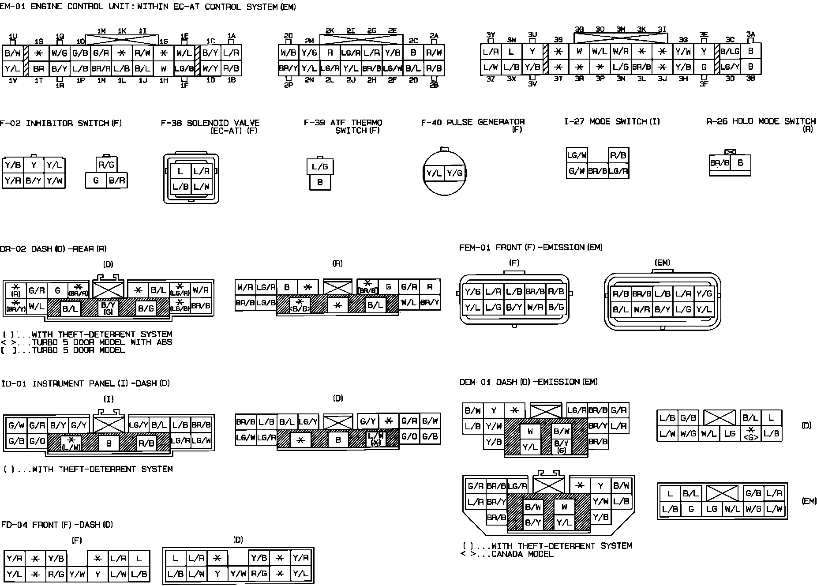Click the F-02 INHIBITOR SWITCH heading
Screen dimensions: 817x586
[61, 123]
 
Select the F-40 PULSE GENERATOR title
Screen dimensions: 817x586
[473, 122]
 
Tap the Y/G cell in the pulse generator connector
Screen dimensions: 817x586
[454, 173]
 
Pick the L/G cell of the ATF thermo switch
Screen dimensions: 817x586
[320, 167]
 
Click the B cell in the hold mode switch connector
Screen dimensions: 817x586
[740, 163]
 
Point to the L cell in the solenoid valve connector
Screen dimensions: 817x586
[180, 171]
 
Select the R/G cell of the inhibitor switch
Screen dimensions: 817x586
[106, 165]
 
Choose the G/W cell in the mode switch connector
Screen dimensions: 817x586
[577, 171]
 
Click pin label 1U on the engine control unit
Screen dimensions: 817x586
[13, 36]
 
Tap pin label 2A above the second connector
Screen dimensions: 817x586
[434, 36]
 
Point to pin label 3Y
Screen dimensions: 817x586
[491, 35]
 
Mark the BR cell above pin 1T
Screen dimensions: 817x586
[39, 69]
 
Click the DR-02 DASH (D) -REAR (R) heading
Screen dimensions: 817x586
[53, 249]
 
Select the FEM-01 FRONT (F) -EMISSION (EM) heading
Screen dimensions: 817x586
[531, 248]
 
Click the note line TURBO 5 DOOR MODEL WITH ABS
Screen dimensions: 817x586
[101, 342]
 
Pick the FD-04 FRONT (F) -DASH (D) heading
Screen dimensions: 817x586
[57, 525]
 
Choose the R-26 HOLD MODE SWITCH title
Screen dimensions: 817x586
[761, 121]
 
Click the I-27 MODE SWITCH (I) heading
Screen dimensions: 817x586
[612, 121]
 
